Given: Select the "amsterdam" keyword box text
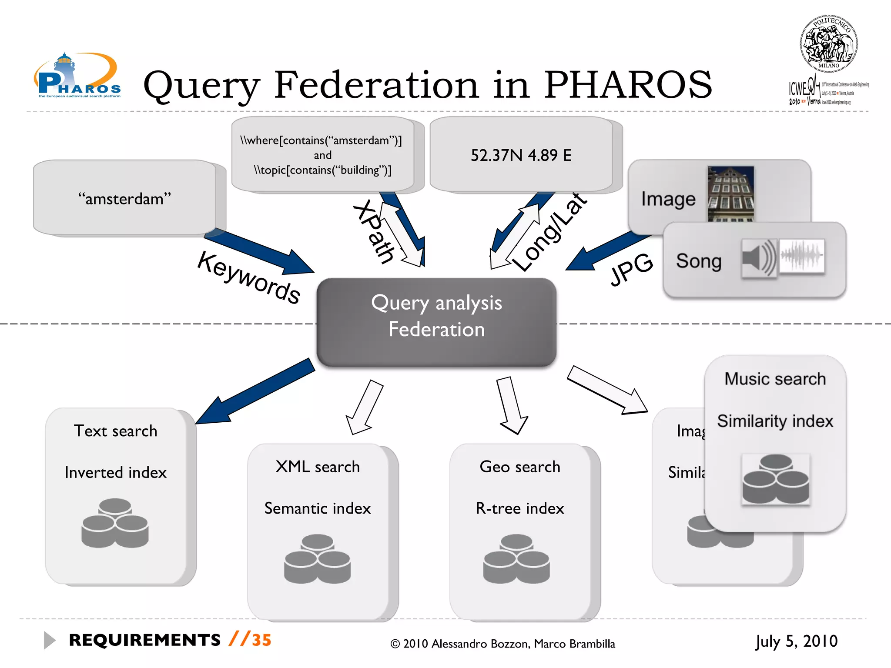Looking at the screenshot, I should [124, 199].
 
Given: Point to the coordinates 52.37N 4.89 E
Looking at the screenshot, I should [521, 155].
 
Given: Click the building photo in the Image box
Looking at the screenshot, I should [730, 194].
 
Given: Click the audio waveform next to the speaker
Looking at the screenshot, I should [801, 256].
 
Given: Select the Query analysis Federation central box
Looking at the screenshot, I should [436, 322].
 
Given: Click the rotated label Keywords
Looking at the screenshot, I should [248, 277].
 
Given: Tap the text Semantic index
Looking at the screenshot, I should [318, 508].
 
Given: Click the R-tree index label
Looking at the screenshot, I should [519, 508].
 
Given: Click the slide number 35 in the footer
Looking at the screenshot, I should [261, 640].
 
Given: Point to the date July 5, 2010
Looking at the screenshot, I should [796, 641].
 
